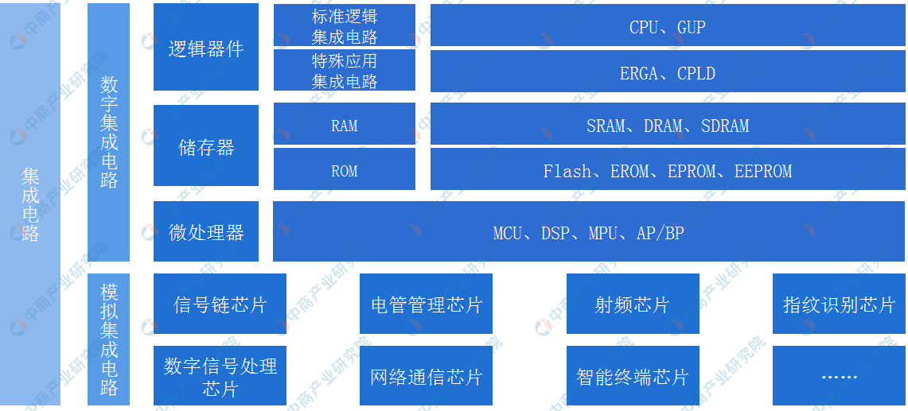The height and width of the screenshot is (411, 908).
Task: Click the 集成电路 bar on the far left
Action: point(30,204)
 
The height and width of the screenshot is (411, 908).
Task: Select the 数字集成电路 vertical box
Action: point(109,133)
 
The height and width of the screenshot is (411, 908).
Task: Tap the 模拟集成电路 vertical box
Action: point(109,339)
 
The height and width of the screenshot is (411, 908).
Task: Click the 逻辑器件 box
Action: point(206,47)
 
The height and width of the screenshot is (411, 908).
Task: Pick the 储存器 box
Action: point(206,145)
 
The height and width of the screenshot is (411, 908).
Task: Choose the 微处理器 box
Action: point(206,231)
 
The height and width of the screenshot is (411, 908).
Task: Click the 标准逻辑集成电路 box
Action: point(345,25)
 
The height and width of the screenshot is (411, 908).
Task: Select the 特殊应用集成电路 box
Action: point(345,71)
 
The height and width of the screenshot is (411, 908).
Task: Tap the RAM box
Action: point(345,124)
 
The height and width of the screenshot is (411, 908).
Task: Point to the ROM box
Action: point(345,169)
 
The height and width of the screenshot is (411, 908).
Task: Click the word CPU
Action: point(643,27)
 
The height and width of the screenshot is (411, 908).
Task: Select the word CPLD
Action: point(696,73)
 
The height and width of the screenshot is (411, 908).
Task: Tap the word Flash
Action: point(567,171)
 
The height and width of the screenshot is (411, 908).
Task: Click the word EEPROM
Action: point(763,171)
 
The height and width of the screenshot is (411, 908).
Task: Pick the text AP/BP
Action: point(661,233)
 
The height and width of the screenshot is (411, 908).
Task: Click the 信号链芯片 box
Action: point(220,304)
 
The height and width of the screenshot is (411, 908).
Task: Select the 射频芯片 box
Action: point(633,304)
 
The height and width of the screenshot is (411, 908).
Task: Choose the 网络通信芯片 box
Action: point(427,376)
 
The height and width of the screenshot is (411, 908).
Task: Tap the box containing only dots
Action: point(839,376)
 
